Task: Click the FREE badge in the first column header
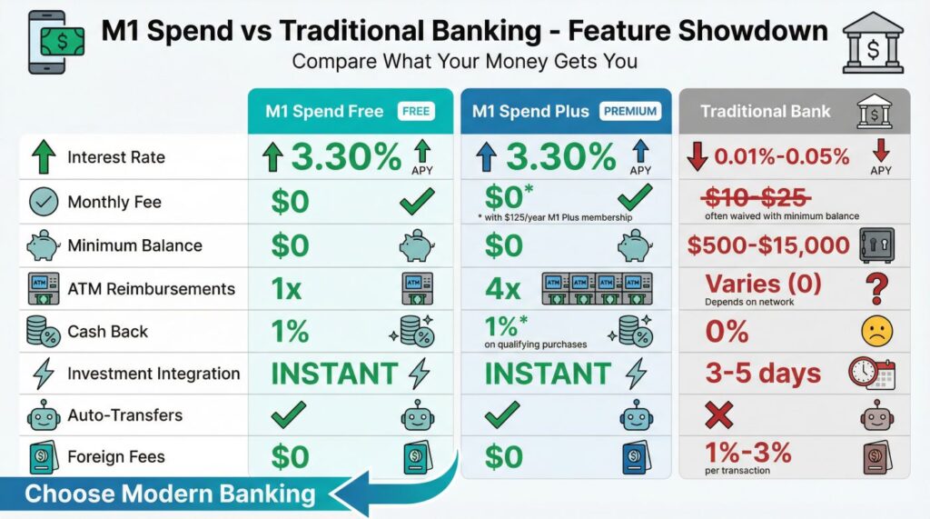click(416, 112)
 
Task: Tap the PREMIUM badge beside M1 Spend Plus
click(628, 112)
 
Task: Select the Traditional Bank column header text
click(766, 112)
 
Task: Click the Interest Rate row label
click(116, 157)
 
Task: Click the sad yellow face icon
click(877, 331)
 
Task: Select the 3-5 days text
click(764, 373)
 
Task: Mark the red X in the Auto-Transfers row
click(719, 416)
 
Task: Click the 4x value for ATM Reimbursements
click(502, 290)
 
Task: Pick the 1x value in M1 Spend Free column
click(287, 290)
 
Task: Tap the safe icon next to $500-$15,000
click(877, 245)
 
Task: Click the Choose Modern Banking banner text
click(170, 494)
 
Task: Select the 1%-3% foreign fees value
click(747, 451)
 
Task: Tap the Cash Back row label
click(107, 332)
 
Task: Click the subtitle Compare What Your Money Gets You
click(464, 63)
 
